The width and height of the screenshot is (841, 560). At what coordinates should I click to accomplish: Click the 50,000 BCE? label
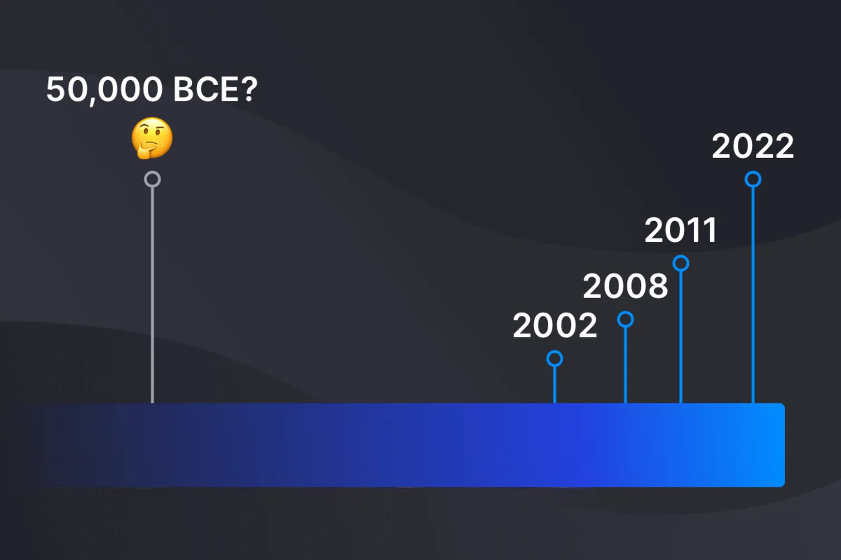(152, 89)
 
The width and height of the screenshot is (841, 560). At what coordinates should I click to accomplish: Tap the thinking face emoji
(152, 138)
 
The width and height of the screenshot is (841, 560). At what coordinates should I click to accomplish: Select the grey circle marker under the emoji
(152, 179)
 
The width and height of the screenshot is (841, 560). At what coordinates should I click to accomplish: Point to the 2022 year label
(752, 147)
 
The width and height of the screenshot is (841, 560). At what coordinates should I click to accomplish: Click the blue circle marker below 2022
(753, 179)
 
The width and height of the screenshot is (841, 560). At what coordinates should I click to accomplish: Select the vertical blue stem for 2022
(753, 295)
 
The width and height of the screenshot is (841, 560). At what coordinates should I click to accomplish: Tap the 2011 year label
(680, 230)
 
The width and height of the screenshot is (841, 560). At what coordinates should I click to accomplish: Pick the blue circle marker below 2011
(681, 263)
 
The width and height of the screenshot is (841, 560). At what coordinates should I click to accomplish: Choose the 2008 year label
(625, 286)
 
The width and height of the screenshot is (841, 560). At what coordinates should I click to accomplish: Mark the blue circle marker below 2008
(626, 319)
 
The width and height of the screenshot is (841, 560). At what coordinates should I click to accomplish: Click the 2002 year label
(555, 325)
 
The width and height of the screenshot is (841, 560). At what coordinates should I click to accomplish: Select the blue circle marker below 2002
(555, 358)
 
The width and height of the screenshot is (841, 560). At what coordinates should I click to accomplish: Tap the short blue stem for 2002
(555, 384)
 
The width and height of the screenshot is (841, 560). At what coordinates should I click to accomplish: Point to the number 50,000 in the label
(104, 89)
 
